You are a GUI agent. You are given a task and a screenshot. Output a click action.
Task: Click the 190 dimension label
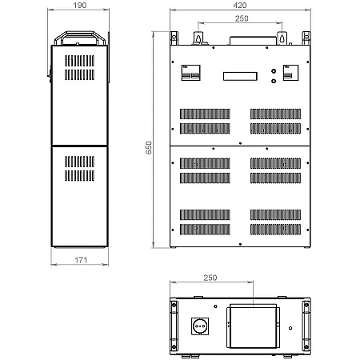80,6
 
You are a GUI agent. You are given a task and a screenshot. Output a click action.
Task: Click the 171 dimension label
81,260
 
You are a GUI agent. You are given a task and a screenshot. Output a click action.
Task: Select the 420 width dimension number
240,6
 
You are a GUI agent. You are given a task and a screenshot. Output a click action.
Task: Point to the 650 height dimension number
149,148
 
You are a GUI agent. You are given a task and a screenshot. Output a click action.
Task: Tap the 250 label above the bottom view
210,278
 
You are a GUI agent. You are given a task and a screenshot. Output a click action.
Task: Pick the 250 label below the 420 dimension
242,18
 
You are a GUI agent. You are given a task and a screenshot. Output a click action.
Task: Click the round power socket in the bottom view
200,326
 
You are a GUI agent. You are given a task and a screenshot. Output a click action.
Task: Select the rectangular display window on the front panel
240,76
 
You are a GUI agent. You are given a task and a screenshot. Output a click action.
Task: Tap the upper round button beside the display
274,71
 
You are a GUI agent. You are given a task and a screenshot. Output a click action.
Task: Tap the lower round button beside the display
274,81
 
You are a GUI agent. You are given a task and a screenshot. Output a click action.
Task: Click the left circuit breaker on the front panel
190,73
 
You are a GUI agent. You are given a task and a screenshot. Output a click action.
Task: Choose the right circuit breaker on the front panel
290,73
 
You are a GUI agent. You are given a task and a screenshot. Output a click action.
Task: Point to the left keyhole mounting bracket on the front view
198,38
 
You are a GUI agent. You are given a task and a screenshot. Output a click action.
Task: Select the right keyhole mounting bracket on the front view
282,38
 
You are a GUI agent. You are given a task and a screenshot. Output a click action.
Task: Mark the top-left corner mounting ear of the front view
174,38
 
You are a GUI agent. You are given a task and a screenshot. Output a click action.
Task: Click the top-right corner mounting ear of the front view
306,38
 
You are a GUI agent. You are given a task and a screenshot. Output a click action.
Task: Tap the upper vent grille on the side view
79,67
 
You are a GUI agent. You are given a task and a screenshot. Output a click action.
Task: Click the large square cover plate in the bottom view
253,327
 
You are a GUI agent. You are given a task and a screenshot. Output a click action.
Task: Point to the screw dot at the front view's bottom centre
240,244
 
